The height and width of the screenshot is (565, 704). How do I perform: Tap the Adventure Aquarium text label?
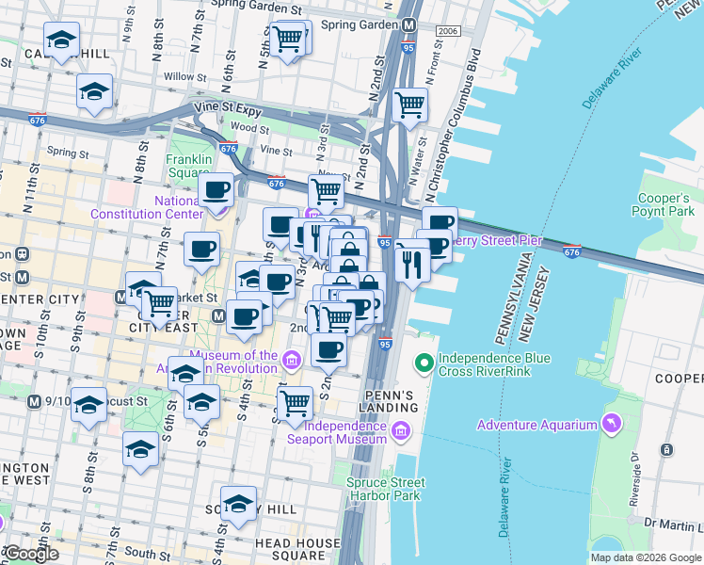click(536, 425)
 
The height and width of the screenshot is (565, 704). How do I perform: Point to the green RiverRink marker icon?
click(424, 361)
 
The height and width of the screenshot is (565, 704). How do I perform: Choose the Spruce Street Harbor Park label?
click(385, 490)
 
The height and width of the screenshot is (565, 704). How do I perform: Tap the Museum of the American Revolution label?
click(224, 363)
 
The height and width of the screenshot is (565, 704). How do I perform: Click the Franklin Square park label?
click(188, 166)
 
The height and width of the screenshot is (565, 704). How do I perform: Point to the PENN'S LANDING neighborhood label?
click(389, 400)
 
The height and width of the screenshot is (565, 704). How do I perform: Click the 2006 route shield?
click(448, 32)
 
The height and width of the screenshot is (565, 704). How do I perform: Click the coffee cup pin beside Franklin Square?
click(217, 189)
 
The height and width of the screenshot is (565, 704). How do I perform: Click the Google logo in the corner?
click(31, 554)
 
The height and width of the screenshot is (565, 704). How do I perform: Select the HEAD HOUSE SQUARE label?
click(296, 550)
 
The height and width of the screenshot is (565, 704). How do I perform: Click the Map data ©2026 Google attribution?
click(646, 557)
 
